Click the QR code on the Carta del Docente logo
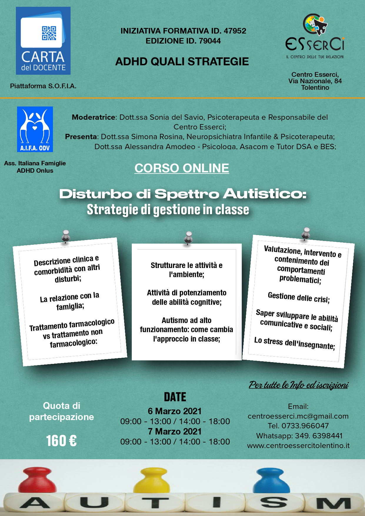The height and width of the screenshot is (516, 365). pyautogui.click(x=49, y=33)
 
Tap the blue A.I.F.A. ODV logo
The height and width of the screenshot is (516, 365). pyautogui.click(x=35, y=129)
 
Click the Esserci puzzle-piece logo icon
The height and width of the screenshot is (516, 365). pyautogui.click(x=315, y=24)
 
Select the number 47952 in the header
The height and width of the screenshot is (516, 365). pyautogui.click(x=235, y=31)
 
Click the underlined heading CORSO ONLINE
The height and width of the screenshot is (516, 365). pyautogui.click(x=181, y=168)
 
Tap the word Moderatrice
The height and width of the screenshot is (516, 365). pyautogui.click(x=93, y=117)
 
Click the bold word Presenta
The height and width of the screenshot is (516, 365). pyautogui.click(x=81, y=137)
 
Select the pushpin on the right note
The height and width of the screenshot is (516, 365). pyautogui.click(x=306, y=233)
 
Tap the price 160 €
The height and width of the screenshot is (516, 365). pyautogui.click(x=61, y=441)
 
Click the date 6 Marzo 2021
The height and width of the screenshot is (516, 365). pyautogui.click(x=175, y=411)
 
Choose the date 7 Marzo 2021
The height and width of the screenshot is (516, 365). pyautogui.click(x=175, y=431)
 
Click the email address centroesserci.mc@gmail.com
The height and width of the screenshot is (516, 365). pyautogui.click(x=298, y=416)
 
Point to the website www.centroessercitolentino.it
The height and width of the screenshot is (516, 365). pyautogui.click(x=298, y=445)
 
